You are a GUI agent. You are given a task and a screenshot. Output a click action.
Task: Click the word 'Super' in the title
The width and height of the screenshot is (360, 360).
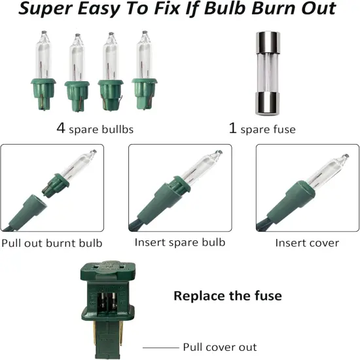click(45, 9)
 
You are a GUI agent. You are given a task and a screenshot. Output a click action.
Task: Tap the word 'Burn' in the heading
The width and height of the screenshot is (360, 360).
click(274, 9)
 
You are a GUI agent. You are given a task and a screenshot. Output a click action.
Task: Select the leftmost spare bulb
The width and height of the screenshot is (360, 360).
click(43, 71)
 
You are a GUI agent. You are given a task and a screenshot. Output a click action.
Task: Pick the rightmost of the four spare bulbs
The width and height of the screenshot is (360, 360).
click(145, 70)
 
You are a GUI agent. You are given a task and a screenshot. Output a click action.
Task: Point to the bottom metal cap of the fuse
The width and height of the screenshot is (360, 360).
click(268, 103)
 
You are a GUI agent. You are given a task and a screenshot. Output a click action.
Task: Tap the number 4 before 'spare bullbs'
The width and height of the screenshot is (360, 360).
click(61, 128)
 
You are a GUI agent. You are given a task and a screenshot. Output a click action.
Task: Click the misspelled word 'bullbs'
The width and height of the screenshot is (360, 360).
click(117, 129)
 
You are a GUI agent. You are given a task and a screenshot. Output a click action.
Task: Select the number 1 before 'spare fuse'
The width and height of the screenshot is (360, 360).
click(232, 128)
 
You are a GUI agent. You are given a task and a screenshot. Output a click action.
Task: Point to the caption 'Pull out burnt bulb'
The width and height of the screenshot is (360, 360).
click(52, 243)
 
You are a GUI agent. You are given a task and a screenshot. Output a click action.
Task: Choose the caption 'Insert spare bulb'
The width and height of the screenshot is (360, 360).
click(180, 242)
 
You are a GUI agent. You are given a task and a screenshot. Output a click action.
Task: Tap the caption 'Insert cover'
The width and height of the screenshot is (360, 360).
click(307, 243)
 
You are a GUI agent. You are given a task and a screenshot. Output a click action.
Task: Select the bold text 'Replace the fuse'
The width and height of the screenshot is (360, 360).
click(228, 295)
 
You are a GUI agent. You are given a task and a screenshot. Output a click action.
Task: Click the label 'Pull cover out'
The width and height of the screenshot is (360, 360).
click(220, 347)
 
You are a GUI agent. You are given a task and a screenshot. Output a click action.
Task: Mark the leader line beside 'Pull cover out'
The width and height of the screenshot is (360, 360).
click(161, 348)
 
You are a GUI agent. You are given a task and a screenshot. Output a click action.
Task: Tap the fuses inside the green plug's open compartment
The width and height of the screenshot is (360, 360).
click(108, 301)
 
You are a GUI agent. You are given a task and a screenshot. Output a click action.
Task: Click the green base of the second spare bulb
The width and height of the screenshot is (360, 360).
click(77, 96)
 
